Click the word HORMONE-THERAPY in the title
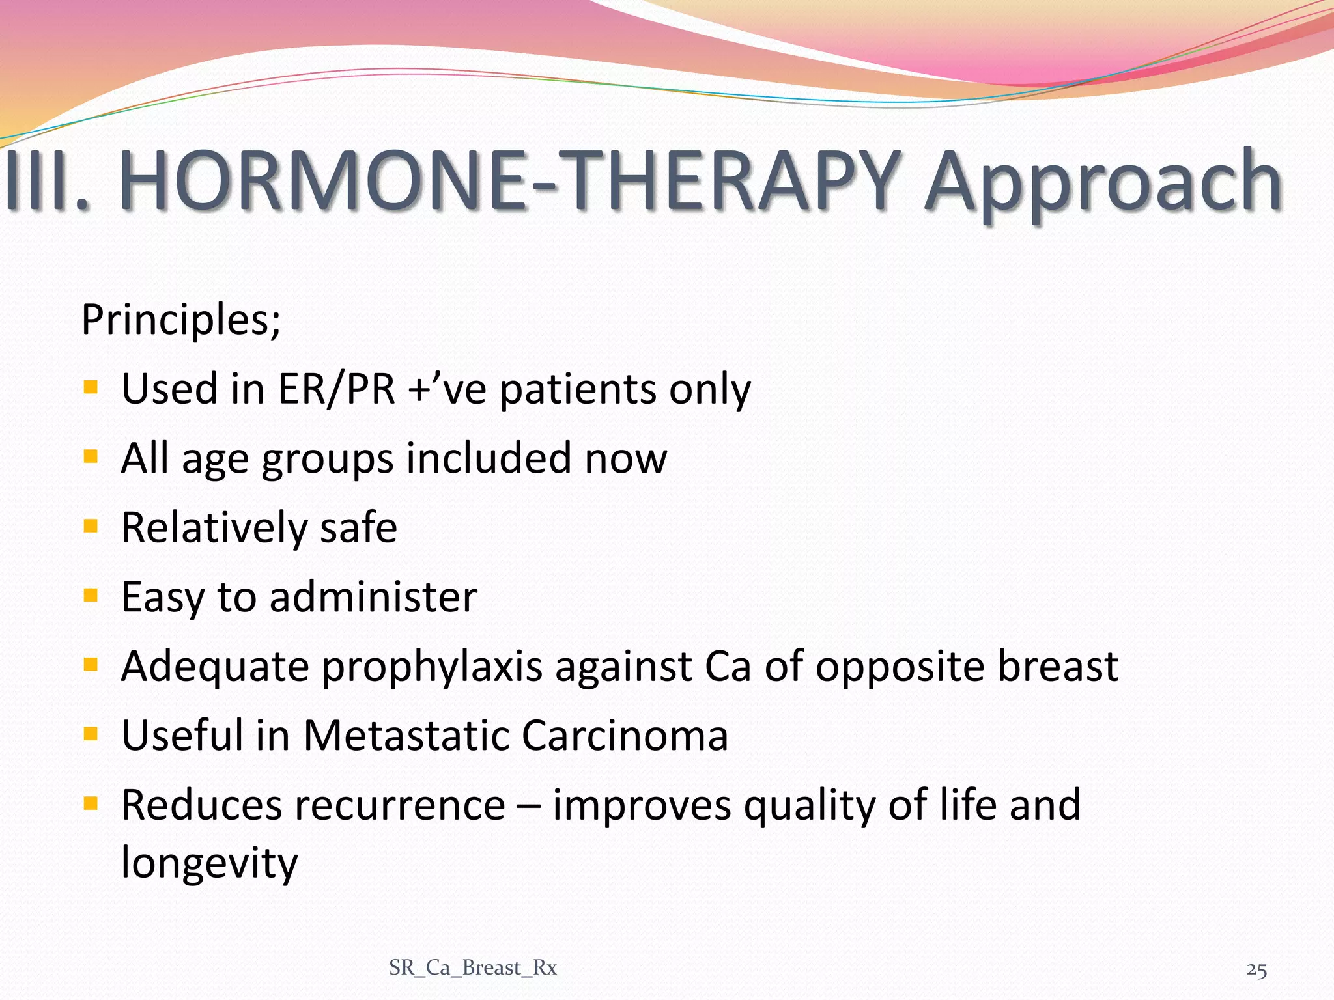coord(508,181)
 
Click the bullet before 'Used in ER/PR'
coord(91,387)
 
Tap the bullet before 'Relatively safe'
coord(91,525)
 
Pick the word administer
coord(373,597)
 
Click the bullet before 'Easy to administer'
coord(91,594)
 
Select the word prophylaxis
coord(432,668)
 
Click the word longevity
coord(210,863)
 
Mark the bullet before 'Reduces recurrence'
coord(91,803)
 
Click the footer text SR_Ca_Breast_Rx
coord(473,968)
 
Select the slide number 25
coord(1256,970)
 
